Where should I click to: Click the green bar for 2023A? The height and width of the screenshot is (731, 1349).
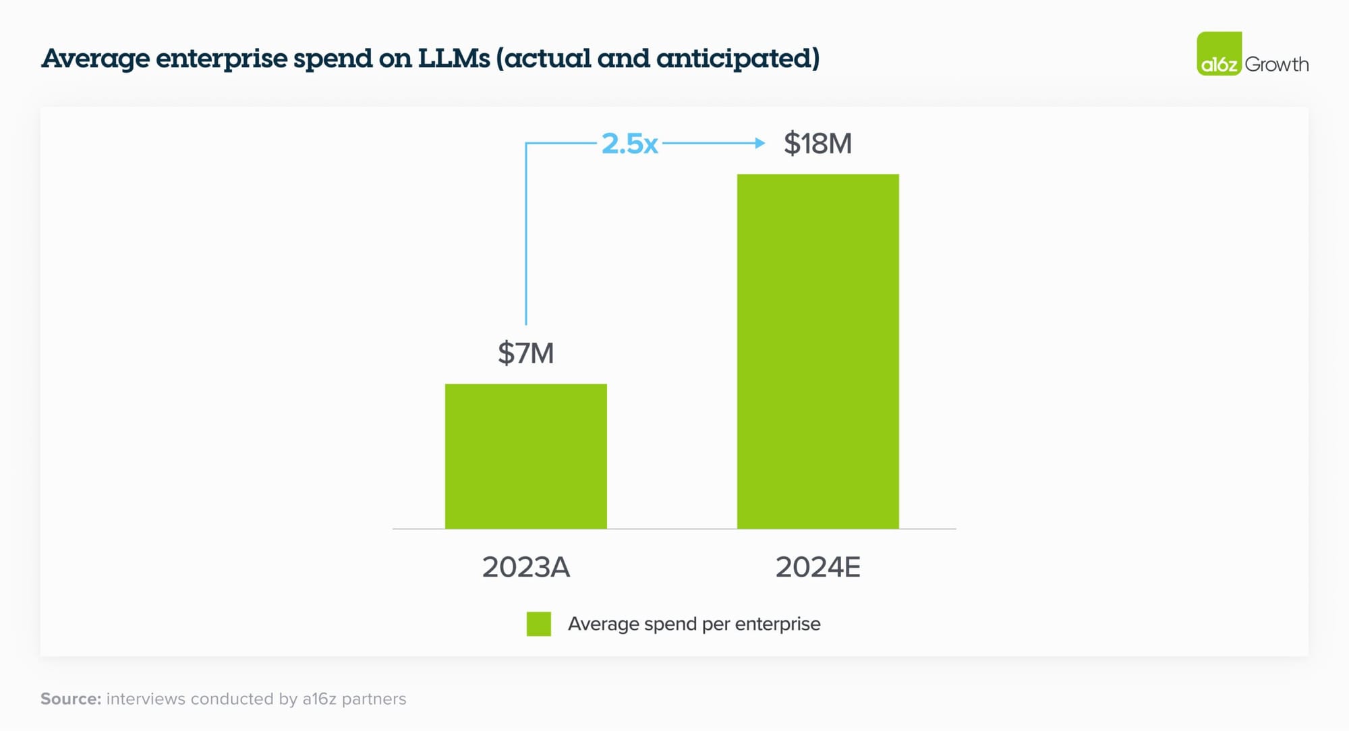[x=525, y=456]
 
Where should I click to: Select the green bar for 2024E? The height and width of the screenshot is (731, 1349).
[x=817, y=351]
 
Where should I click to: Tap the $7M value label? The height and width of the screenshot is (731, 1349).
[x=525, y=353]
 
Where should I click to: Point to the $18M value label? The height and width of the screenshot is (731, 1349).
[x=817, y=144]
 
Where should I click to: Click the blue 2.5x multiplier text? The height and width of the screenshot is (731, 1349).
[x=629, y=144]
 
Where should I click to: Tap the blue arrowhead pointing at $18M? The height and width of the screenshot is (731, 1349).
[x=760, y=143]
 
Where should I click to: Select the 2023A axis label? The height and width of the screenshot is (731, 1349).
[x=525, y=567]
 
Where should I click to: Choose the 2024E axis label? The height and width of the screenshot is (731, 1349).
[x=817, y=567]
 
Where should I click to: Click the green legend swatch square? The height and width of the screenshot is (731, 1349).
[x=538, y=624]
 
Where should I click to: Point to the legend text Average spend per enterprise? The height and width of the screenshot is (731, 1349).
[x=694, y=624]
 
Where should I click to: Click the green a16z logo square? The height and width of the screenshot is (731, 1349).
[x=1219, y=54]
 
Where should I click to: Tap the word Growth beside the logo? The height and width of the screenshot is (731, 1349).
[x=1276, y=65]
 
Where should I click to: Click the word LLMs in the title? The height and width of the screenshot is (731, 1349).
[x=454, y=58]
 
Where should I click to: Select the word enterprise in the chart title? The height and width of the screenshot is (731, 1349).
[x=221, y=59]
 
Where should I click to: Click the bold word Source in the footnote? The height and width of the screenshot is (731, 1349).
[x=70, y=699]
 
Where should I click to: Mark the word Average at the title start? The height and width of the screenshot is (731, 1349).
[x=95, y=59]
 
